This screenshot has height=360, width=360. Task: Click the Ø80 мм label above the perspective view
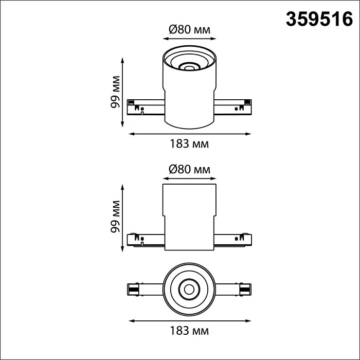(189, 29)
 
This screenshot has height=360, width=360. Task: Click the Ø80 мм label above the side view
(189, 169)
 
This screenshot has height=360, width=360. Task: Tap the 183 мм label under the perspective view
(189, 144)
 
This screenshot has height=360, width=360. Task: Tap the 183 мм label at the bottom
(189, 329)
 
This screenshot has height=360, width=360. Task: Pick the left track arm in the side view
(146, 240)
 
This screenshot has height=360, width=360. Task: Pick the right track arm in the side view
(232, 240)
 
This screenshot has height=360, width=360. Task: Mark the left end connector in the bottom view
(133, 289)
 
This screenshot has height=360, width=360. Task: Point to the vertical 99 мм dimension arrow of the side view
(122, 219)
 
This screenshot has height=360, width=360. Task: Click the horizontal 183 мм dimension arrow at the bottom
(189, 319)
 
